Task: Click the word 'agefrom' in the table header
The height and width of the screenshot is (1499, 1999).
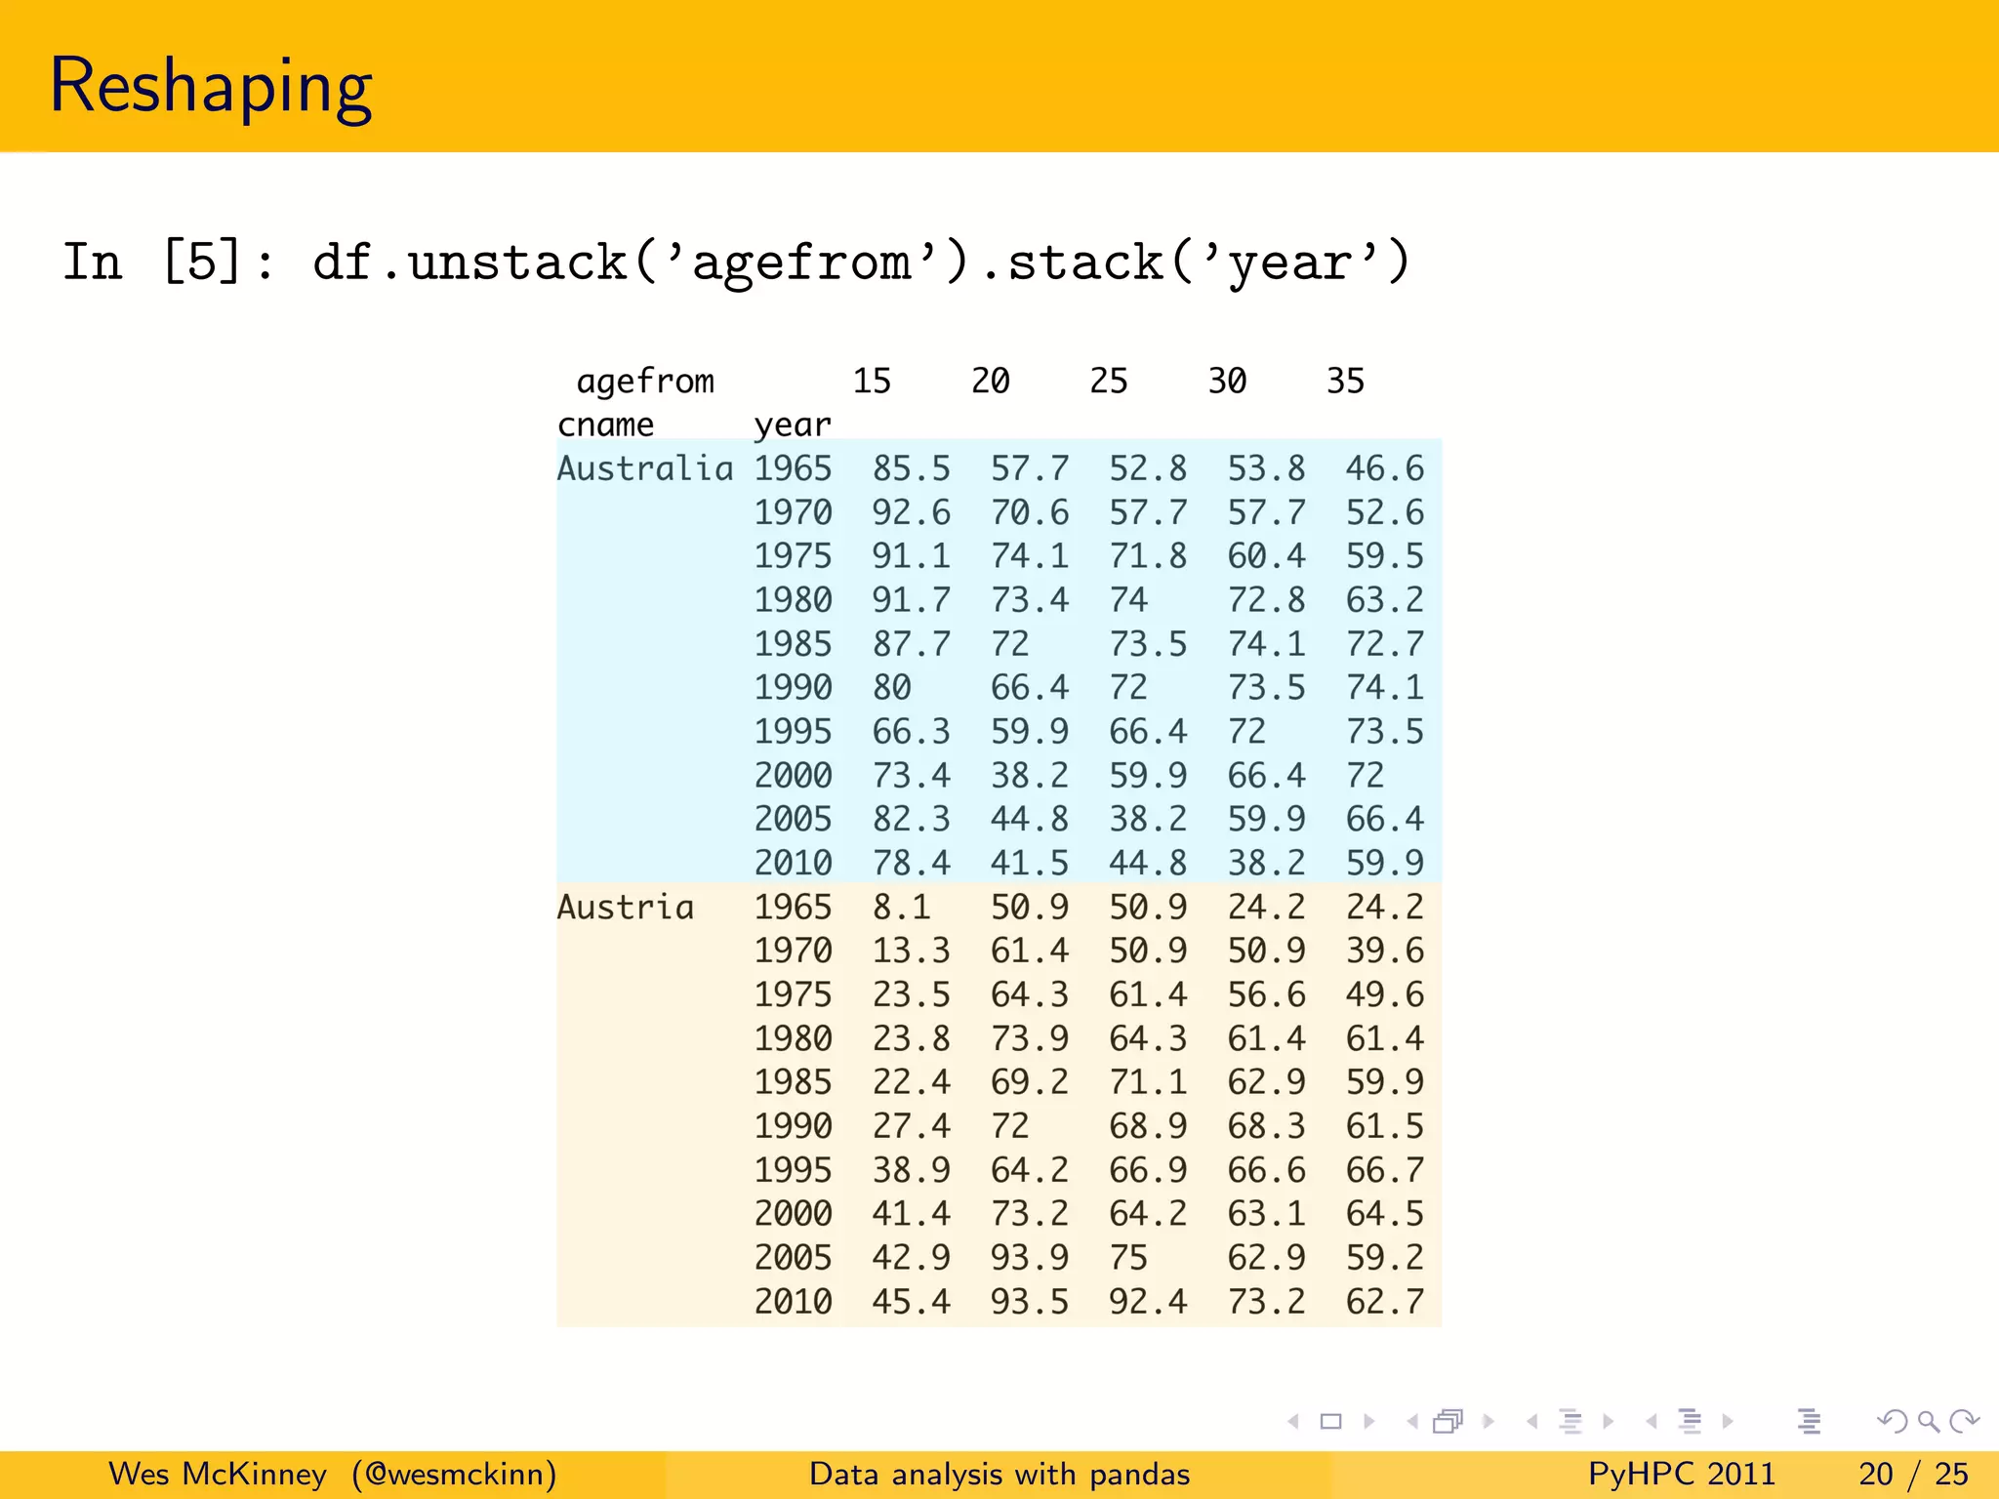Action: point(645,381)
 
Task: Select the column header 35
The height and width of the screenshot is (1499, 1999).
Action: point(1345,381)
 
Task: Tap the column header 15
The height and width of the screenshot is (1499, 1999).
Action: point(872,381)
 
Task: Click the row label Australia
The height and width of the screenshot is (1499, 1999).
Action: point(644,468)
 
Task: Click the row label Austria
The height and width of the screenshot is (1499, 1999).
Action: point(625,907)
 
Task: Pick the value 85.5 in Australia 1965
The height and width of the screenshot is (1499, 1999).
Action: point(911,468)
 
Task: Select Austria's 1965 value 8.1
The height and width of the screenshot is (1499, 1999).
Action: point(901,907)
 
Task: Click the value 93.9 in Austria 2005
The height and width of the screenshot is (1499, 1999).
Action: point(1030,1257)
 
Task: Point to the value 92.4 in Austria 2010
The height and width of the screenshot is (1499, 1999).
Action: point(1148,1301)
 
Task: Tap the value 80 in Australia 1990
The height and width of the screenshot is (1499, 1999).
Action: point(891,687)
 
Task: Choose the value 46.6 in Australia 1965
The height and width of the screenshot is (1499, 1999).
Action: point(1384,468)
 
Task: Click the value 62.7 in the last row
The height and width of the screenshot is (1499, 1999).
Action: point(1384,1301)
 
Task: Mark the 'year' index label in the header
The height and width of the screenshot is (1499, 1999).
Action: point(793,425)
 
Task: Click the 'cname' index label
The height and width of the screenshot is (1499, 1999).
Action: point(605,425)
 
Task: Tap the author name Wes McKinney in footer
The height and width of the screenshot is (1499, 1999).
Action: point(218,1474)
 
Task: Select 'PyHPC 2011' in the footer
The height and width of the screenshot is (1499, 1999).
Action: point(1681,1474)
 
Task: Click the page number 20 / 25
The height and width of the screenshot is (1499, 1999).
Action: point(1913,1474)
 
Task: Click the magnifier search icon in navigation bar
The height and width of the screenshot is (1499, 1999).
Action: point(1928,1422)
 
